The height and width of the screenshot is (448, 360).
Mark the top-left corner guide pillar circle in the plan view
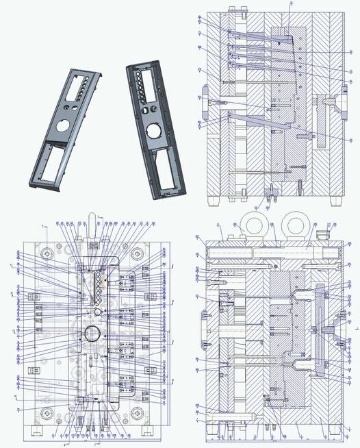click(x=47, y=251)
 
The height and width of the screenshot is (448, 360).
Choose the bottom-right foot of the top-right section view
click(x=335, y=201)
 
